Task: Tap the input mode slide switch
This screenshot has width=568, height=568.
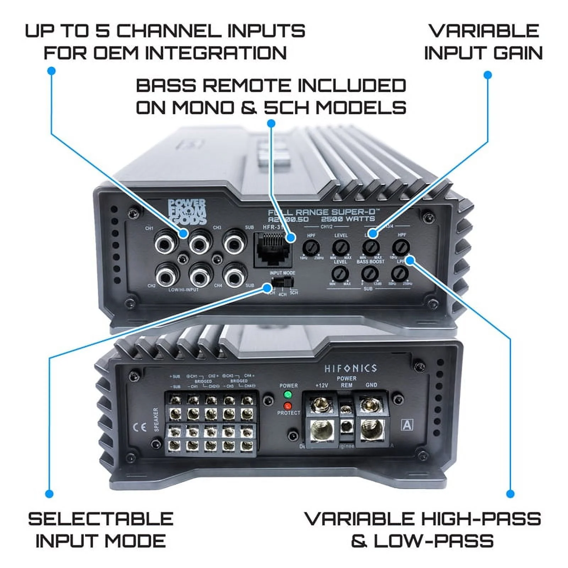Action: click(x=282, y=283)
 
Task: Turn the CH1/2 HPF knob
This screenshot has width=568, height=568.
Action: click(x=311, y=247)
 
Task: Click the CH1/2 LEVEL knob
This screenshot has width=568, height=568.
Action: click(x=341, y=247)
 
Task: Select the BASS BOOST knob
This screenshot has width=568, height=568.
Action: click(x=370, y=274)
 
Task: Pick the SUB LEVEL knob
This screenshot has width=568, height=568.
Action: click(x=340, y=274)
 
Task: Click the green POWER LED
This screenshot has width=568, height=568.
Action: click(x=288, y=394)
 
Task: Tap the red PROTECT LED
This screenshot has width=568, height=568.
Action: click(x=288, y=406)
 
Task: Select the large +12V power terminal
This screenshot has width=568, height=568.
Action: click(x=322, y=430)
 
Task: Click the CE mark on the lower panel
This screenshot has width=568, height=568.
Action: click(x=140, y=427)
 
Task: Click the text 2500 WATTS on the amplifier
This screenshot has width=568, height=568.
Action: click(x=348, y=219)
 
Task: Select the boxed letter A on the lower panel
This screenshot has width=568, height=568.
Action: click(x=407, y=425)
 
